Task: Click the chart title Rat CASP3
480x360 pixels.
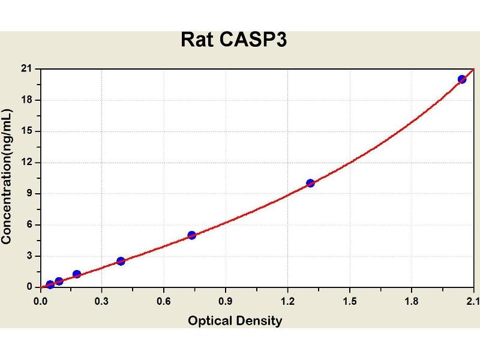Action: [x=235, y=40]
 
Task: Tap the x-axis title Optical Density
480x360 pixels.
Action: [x=235, y=320]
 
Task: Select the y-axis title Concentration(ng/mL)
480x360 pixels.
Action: [x=7, y=176]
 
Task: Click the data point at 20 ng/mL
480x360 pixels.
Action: [x=461, y=79]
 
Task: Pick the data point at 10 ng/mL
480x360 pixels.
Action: [x=310, y=183]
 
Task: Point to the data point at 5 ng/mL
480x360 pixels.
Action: [x=192, y=235]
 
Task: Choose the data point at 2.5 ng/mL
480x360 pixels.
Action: [x=121, y=261]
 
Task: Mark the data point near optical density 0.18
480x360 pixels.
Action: [x=77, y=274]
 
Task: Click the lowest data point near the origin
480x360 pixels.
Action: [x=50, y=284]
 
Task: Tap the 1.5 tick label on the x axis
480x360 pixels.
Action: [x=349, y=301]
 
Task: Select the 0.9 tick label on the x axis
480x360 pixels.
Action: [x=226, y=301]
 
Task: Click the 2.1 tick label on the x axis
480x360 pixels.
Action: [x=472, y=301]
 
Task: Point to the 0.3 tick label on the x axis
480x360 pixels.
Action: [x=102, y=301]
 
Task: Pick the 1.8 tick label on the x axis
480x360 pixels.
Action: [x=411, y=301]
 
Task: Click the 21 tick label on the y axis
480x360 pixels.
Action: [x=26, y=69]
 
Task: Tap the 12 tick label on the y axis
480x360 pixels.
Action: [x=26, y=163]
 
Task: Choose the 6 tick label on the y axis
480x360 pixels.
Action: [x=29, y=225]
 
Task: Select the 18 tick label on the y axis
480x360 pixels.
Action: [x=26, y=100]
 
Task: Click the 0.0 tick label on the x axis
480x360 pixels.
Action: [x=41, y=301]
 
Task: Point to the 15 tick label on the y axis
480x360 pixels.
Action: [x=26, y=131]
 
